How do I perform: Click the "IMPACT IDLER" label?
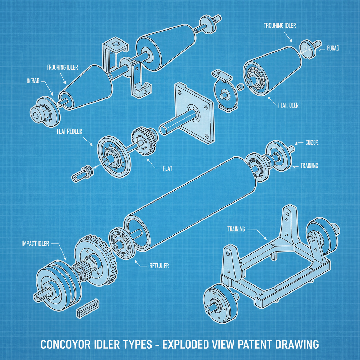pos(35,243)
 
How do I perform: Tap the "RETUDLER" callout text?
pos(159,266)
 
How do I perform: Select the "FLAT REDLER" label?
pos(69,132)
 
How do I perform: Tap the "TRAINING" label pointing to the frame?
pos(236,229)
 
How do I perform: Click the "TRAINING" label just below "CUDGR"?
pos(309,166)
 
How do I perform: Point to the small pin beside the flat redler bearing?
pos(83,174)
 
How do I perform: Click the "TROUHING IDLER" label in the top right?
pos(280,26)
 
